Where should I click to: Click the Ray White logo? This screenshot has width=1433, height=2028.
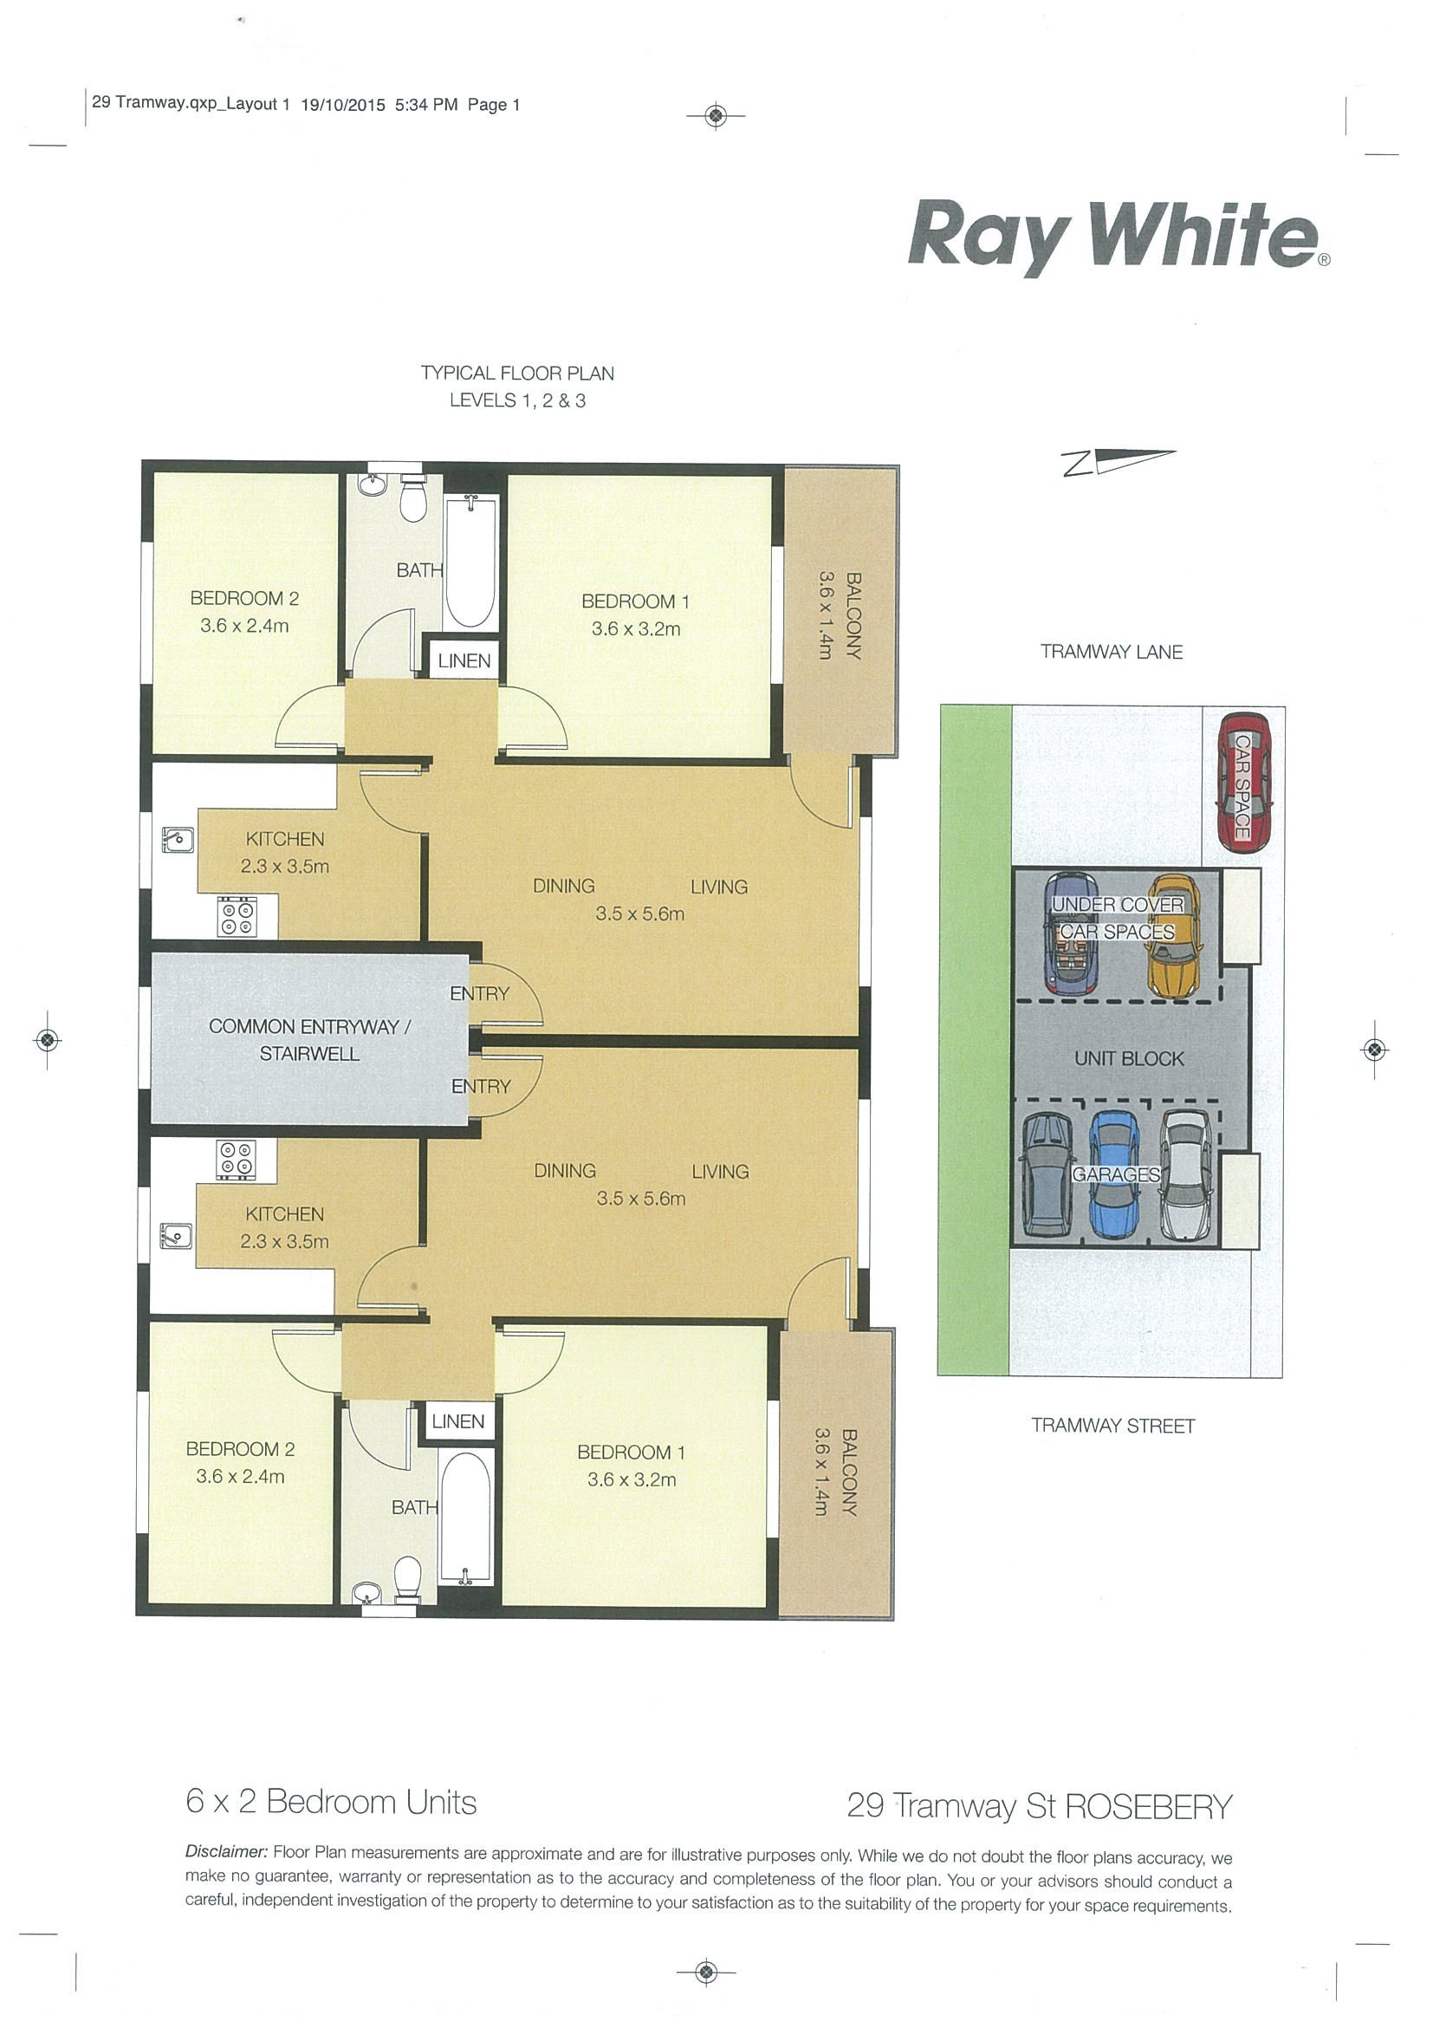pyautogui.click(x=1119, y=236)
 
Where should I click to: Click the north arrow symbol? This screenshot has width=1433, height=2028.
pyautogui.click(x=1119, y=463)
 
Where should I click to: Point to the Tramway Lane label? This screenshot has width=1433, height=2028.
pyautogui.click(x=1111, y=652)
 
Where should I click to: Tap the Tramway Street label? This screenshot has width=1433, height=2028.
pyautogui.click(x=1112, y=1426)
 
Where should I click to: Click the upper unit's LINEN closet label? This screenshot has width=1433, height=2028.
pyautogui.click(x=464, y=660)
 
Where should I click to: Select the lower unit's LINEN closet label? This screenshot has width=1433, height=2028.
pyautogui.click(x=458, y=1421)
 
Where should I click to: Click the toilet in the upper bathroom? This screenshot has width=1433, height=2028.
pyautogui.click(x=413, y=498)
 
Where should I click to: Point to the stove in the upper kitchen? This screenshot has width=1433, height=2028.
pyautogui.click(x=236, y=917)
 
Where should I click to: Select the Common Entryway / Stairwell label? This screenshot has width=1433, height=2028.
pyautogui.click(x=309, y=1040)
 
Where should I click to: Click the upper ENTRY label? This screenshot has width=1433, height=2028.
pyautogui.click(x=479, y=994)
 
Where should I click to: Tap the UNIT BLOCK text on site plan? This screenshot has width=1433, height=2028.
pyautogui.click(x=1128, y=1058)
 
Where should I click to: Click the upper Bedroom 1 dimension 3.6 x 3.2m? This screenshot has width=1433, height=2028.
pyautogui.click(x=636, y=629)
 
